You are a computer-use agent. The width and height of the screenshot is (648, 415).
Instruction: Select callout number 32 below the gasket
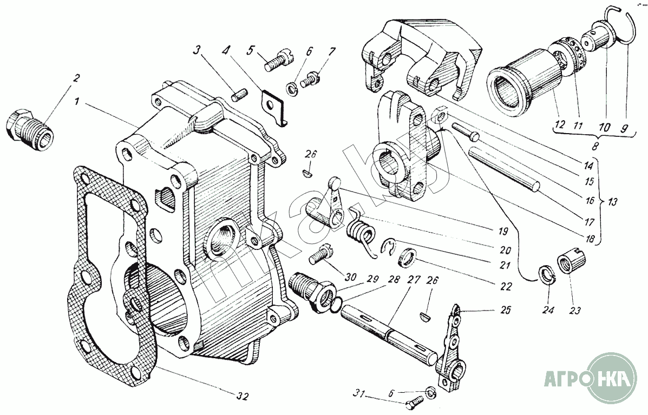pyautogui.click(x=242, y=397)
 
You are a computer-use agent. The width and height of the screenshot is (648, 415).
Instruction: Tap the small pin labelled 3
pyautogui.click(x=240, y=95)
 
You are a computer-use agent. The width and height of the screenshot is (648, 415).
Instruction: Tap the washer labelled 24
pyautogui.click(x=547, y=275)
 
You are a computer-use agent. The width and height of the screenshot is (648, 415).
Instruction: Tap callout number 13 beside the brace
pyautogui.click(x=613, y=201)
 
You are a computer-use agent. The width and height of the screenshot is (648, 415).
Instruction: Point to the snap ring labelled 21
pyautogui.click(x=388, y=247)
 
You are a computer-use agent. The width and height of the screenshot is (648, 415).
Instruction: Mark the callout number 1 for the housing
pyautogui.click(x=77, y=102)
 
